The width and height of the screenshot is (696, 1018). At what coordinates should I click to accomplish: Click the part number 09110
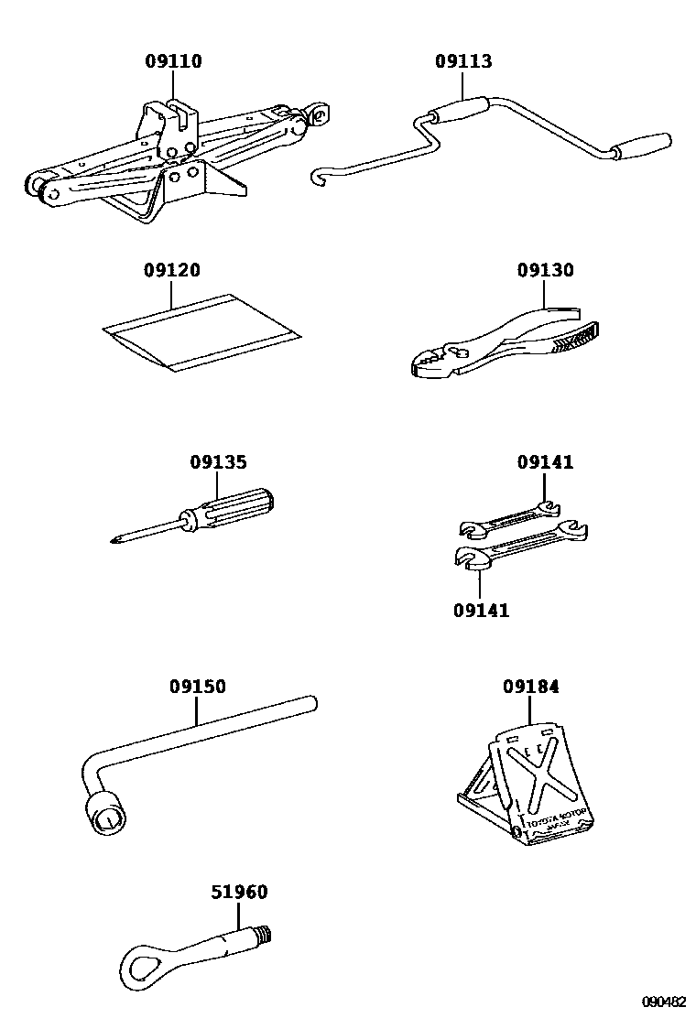pyautogui.click(x=173, y=62)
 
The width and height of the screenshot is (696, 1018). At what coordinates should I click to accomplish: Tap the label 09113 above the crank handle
pyautogui.click(x=462, y=62)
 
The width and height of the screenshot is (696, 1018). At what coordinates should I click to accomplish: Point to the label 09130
pyautogui.click(x=545, y=271)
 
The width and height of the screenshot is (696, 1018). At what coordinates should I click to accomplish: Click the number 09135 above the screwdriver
pyautogui.click(x=218, y=463)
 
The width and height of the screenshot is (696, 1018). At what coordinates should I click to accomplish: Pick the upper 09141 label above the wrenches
pyautogui.click(x=545, y=463)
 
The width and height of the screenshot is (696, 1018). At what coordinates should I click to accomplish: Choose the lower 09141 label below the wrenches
pyautogui.click(x=481, y=611)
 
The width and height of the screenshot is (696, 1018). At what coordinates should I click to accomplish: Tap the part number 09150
pyautogui.click(x=197, y=688)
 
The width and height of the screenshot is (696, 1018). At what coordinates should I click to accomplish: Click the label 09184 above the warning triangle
pyautogui.click(x=530, y=688)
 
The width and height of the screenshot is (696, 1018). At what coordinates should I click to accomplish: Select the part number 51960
pyautogui.click(x=239, y=893)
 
